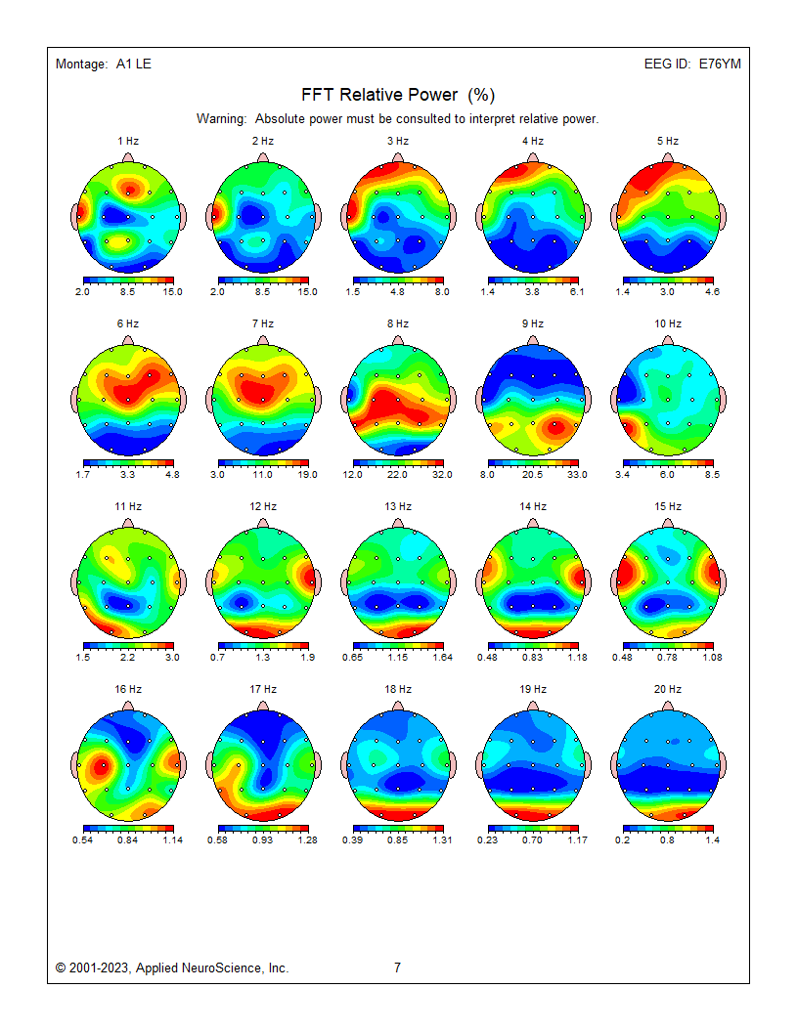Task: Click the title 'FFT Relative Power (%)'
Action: (398, 95)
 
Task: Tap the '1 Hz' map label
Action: (128, 141)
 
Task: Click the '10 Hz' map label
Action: (668, 323)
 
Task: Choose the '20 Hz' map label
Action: (668, 689)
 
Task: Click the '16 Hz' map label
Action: (128, 689)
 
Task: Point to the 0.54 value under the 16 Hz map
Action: (83, 839)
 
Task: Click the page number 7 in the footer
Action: (397, 967)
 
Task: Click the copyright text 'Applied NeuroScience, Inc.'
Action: (212, 967)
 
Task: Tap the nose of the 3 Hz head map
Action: (398, 156)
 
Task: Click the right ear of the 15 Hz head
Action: (724, 581)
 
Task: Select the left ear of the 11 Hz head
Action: (75, 581)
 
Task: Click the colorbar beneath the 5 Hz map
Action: (668, 281)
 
